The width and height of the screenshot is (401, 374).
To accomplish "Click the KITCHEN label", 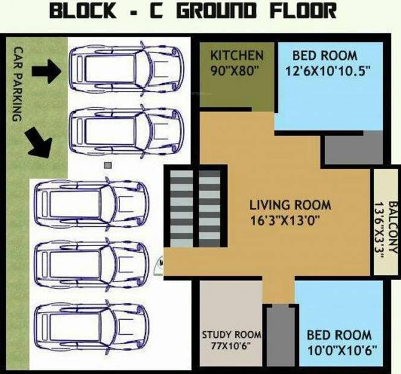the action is pos(236,55).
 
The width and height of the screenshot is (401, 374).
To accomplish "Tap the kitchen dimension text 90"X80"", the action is pos(233,71).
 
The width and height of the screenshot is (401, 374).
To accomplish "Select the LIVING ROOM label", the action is pos(290,205).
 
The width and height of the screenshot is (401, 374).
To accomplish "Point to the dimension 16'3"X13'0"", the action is pos(285,221).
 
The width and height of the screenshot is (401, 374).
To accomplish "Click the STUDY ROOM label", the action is pos(232,335).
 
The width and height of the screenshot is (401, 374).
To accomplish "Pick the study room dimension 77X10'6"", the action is pos(231,346).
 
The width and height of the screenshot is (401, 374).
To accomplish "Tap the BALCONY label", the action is pos(393,227).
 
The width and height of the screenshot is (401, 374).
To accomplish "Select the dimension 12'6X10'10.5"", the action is pos(327,71).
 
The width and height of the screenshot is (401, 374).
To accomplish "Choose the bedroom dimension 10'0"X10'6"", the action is pos(342,350).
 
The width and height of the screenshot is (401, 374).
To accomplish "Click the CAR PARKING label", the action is pos(17,84).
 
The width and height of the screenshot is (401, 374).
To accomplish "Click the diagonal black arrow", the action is pos(39,143).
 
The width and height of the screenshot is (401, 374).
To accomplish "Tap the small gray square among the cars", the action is pos(108,165).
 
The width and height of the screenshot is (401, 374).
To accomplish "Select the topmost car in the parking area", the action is pos(127,69).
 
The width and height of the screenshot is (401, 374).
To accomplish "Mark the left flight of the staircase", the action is pos(182,209).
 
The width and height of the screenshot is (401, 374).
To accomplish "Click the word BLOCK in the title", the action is pos(83,10).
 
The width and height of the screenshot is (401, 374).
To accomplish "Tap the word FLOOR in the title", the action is pos(303,10).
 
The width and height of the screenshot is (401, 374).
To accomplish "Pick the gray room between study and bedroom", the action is pos(280,337).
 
